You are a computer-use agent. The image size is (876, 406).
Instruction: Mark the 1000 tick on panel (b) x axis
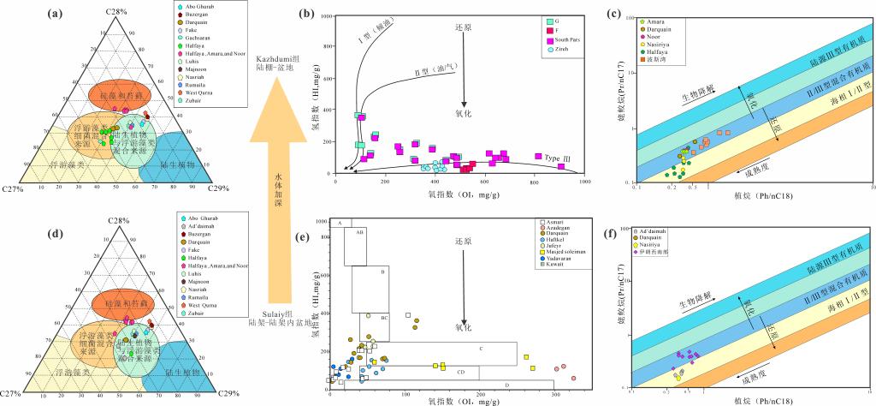(585, 182)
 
